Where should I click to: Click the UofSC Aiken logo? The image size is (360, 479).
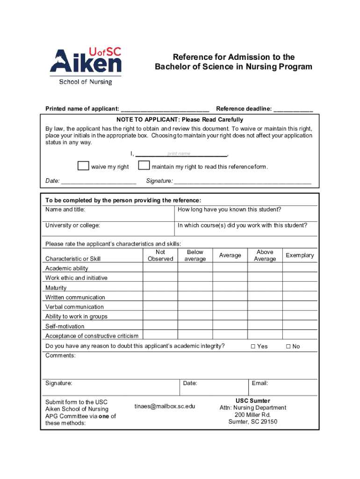coord(86,66)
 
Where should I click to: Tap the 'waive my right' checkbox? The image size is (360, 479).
coord(83,166)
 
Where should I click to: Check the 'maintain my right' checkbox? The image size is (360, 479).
coord(144,166)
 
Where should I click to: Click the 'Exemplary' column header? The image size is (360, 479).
coord(300,255)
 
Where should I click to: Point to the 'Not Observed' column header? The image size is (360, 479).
coord(160,255)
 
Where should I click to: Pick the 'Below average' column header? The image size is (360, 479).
coord(195,255)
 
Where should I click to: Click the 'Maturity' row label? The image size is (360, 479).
coord(56,288)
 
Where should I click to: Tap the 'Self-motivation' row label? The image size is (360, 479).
coord(65,326)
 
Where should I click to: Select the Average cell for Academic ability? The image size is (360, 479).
coord(230,268)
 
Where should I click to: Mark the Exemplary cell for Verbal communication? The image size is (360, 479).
coord(300,307)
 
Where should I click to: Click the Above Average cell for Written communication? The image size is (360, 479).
coord(265,297)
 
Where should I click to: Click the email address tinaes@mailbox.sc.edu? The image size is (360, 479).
coord(165,406)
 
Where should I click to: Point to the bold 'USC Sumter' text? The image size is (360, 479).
coord(252,401)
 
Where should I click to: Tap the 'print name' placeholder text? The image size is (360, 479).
coord(179,154)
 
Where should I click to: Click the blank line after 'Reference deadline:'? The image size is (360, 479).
coord(293,109)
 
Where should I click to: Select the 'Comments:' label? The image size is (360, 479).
coord(60,356)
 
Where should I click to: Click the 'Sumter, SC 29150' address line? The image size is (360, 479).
coord(252,422)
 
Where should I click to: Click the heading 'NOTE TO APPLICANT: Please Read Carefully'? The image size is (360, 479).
coord(180,120)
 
